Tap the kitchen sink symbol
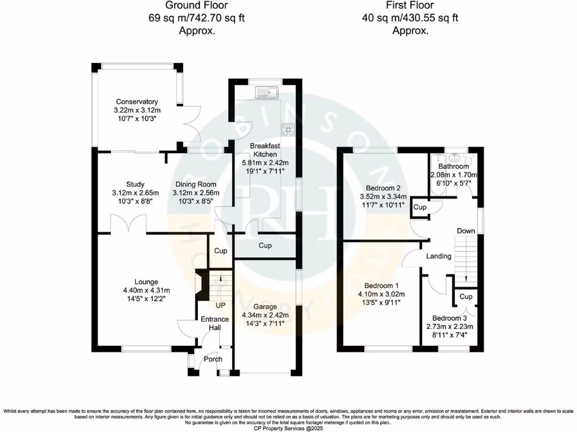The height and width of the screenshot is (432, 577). [265, 92]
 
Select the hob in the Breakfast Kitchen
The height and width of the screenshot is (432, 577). [289, 129]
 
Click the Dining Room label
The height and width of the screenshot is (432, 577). [196, 184]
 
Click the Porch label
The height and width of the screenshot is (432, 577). [213, 359]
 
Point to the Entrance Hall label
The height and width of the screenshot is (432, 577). [215, 324]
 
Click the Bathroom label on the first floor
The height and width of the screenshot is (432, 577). [454, 166]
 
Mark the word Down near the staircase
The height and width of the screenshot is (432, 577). [465, 231]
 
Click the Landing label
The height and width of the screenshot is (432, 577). [438, 256]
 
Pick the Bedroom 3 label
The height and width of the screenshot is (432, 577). [449, 317]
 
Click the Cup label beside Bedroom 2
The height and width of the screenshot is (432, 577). [419, 207]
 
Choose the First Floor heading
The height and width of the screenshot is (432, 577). [410, 6]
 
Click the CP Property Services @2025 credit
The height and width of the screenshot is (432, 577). [288, 427]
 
